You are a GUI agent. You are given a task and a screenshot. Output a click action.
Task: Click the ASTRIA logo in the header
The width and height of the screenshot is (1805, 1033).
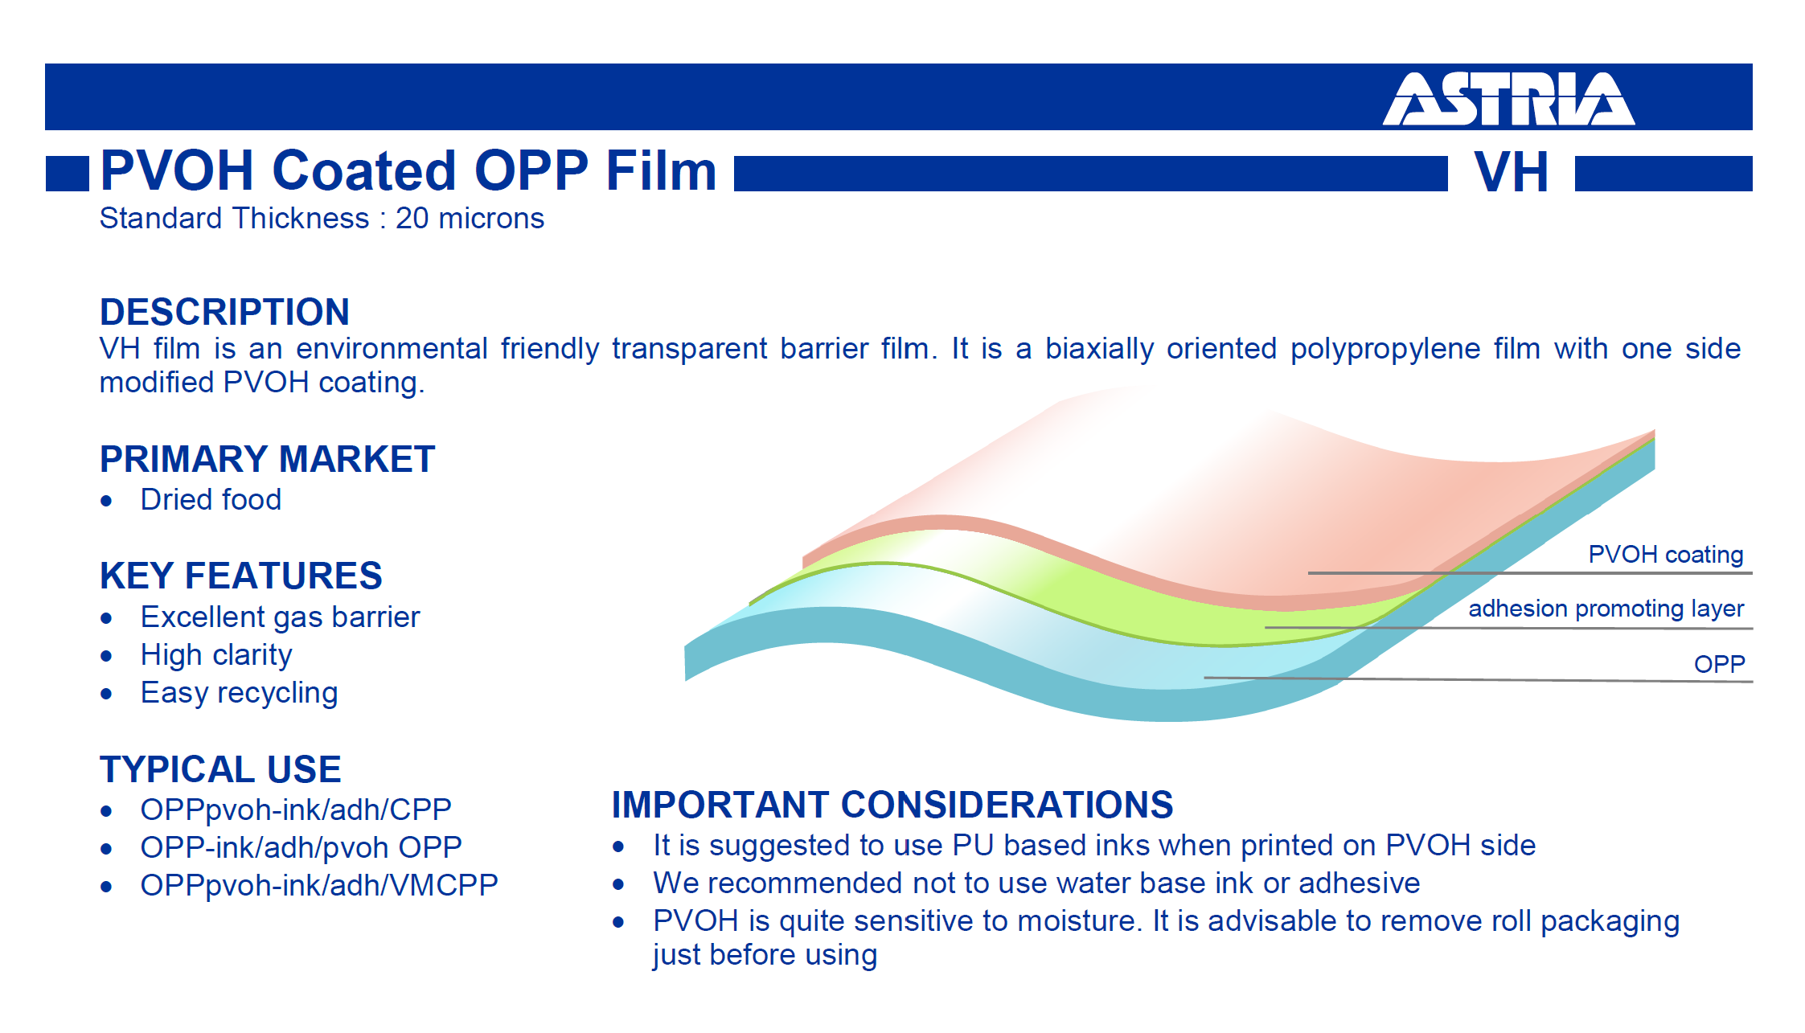[1508, 99]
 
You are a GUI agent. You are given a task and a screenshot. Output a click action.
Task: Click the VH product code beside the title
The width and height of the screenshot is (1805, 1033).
[1512, 172]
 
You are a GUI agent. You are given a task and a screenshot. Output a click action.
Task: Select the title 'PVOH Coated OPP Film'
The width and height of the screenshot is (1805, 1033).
[408, 170]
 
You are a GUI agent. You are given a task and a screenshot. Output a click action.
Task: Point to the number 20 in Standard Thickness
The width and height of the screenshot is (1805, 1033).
[412, 219]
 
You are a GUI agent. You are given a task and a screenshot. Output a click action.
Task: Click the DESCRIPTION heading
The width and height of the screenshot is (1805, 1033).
[224, 312]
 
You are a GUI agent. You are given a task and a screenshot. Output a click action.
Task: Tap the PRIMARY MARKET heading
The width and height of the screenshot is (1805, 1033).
[267, 459]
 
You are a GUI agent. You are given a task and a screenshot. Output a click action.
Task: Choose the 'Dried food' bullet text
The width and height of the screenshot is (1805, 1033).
[211, 499]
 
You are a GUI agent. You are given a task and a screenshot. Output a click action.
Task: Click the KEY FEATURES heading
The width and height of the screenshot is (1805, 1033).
[240, 576]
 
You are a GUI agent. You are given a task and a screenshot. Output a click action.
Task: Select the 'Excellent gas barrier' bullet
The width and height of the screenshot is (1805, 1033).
[280, 617]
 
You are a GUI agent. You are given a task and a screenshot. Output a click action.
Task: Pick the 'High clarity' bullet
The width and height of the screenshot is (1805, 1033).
[215, 655]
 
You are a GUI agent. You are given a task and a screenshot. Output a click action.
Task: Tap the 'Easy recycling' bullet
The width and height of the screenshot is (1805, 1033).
[239, 693]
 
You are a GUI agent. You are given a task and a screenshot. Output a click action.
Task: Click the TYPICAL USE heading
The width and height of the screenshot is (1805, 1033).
[220, 769]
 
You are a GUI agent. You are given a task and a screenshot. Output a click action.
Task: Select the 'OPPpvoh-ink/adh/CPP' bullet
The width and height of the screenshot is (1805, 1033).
[296, 810]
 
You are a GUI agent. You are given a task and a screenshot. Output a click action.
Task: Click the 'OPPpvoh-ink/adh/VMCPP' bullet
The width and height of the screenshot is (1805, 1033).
[319, 885]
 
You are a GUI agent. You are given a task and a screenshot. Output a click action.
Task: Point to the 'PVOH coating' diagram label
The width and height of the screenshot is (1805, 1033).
[1666, 555]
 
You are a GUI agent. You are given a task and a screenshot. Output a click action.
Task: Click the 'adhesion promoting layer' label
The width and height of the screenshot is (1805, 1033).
[1606, 609]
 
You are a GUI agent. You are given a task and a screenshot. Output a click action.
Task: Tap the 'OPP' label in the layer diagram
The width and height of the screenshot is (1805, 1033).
[1720, 664]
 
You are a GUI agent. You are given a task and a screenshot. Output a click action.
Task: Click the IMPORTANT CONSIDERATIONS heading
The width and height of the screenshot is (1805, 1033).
[892, 805]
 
